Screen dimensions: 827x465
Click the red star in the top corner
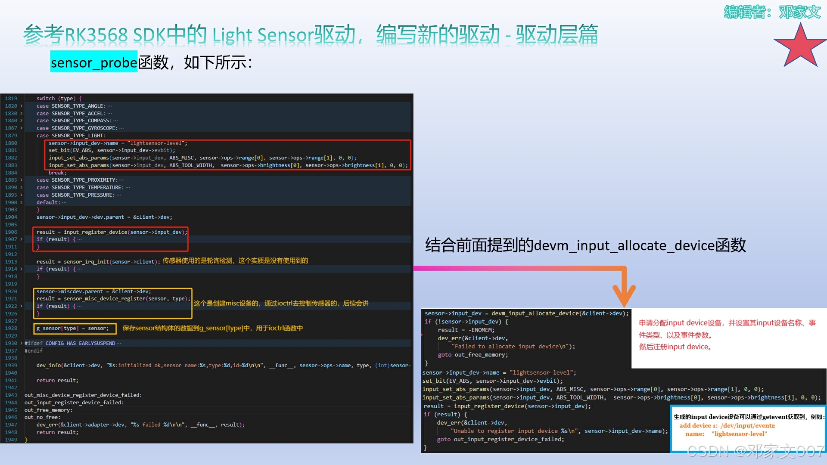(x=800, y=46)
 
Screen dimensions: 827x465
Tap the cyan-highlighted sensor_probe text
(x=94, y=62)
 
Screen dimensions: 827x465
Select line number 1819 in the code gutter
(x=11, y=99)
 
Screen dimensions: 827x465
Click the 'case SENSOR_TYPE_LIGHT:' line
(x=71, y=136)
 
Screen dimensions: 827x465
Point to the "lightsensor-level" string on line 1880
(x=155, y=143)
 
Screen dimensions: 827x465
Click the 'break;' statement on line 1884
(x=57, y=173)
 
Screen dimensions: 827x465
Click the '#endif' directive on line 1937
(x=34, y=351)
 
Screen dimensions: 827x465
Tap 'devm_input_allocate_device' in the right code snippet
(x=535, y=313)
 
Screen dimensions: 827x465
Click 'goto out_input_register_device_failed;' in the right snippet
(x=501, y=440)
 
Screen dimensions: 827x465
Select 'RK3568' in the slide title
(x=96, y=35)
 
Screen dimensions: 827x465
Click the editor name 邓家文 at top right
(x=800, y=12)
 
